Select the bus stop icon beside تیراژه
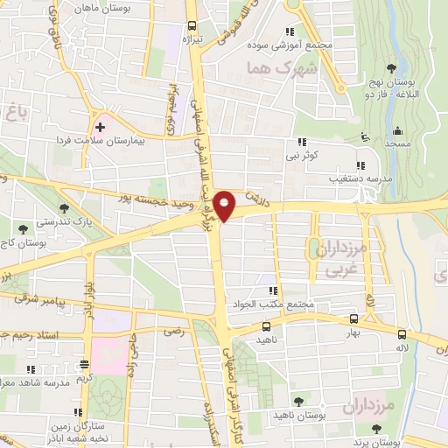192,26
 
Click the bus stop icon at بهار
353,320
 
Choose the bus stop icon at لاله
401,334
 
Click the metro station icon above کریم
84,364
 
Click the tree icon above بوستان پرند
375,428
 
